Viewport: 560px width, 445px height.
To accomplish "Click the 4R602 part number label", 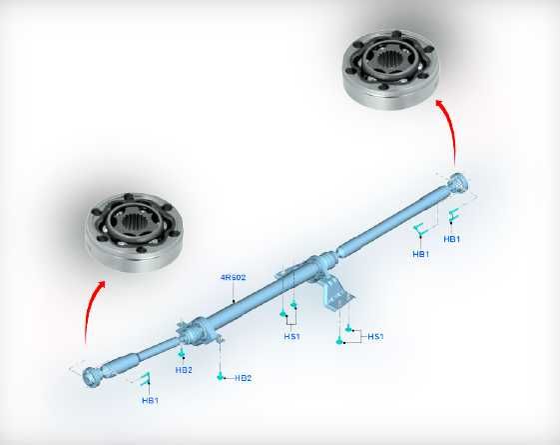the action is click(x=234, y=277).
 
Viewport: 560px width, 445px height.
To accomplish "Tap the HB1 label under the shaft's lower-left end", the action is click(x=150, y=400).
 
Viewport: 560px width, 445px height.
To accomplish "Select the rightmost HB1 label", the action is click(x=452, y=239).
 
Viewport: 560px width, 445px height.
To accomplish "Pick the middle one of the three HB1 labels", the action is click(x=420, y=254).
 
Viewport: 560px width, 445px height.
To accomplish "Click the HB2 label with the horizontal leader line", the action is click(x=244, y=378).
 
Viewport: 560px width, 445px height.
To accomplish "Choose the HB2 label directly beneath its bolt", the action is click(x=184, y=370).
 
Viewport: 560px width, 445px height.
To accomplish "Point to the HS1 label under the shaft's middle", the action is click(x=292, y=336).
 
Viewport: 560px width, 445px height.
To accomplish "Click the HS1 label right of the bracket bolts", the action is click(x=375, y=336).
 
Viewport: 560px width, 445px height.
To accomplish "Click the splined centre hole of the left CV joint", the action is click(x=133, y=225).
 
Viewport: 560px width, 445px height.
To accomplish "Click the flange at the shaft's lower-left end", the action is click(x=93, y=377).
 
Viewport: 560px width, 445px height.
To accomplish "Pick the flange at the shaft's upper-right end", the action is click(x=458, y=183).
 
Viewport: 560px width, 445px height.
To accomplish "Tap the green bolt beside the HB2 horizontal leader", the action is click(x=221, y=376).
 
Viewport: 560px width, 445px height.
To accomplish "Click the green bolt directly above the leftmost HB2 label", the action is click(x=182, y=354).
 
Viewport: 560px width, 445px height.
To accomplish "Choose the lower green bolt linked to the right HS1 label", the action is click(x=339, y=341).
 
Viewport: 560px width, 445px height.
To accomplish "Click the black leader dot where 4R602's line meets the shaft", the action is click(x=234, y=301).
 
